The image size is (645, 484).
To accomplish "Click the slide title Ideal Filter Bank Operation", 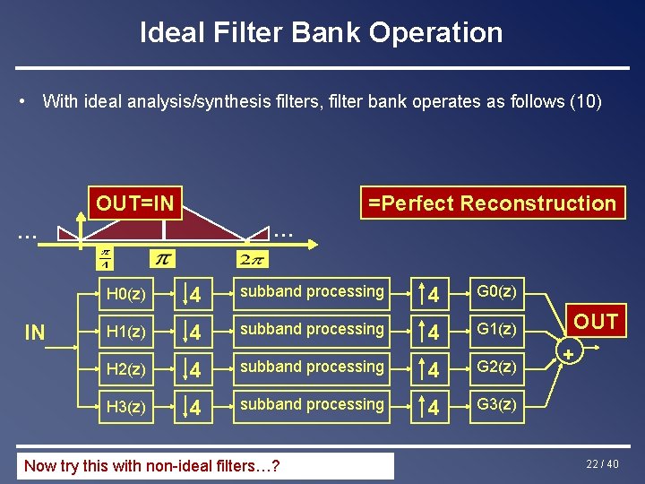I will pyautogui.click(x=322, y=33).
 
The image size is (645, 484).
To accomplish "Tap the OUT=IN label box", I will pyautogui.click(x=134, y=203).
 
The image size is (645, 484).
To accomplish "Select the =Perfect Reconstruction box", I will pyautogui.click(x=492, y=203).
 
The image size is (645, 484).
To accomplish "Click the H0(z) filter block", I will pyautogui.click(x=125, y=294).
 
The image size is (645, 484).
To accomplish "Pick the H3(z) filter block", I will pyautogui.click(x=125, y=407).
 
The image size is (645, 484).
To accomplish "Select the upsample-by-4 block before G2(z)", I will pyautogui.click(x=431, y=369).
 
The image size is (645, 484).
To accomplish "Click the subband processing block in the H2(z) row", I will pyautogui.click(x=312, y=367).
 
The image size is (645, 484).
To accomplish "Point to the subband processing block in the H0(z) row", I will pyautogui.click(x=312, y=292).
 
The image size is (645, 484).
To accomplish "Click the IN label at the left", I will pyautogui.click(x=35, y=333).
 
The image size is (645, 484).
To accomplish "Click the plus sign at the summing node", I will pyautogui.click(x=567, y=356).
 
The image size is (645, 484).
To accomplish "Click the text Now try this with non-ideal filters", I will pyautogui.click(x=151, y=465).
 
